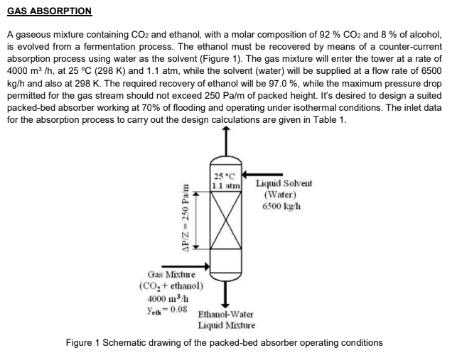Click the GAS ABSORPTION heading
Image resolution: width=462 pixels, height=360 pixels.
pyautogui.click(x=49, y=11)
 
